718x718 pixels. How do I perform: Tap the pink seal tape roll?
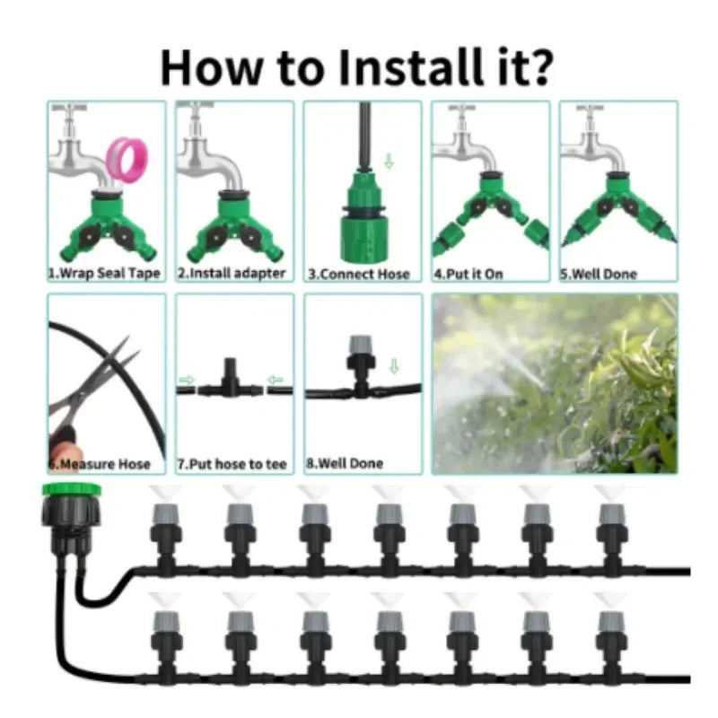127,160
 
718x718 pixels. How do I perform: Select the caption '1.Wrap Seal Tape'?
104,274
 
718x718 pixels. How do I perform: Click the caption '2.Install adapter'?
232,274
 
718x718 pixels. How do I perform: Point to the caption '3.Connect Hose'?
359,275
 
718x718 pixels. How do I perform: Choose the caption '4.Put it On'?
468,275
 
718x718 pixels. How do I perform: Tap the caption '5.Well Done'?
599,275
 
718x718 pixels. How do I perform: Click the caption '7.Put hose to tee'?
232,464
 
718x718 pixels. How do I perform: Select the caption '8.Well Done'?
345,463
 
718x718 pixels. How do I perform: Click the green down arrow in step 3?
389,161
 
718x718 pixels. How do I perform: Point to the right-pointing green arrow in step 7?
187,380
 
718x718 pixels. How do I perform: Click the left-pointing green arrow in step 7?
275,380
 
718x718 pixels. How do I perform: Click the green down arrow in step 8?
394,366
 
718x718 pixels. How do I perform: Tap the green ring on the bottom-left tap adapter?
72,489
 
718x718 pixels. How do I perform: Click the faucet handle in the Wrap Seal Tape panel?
69,108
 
